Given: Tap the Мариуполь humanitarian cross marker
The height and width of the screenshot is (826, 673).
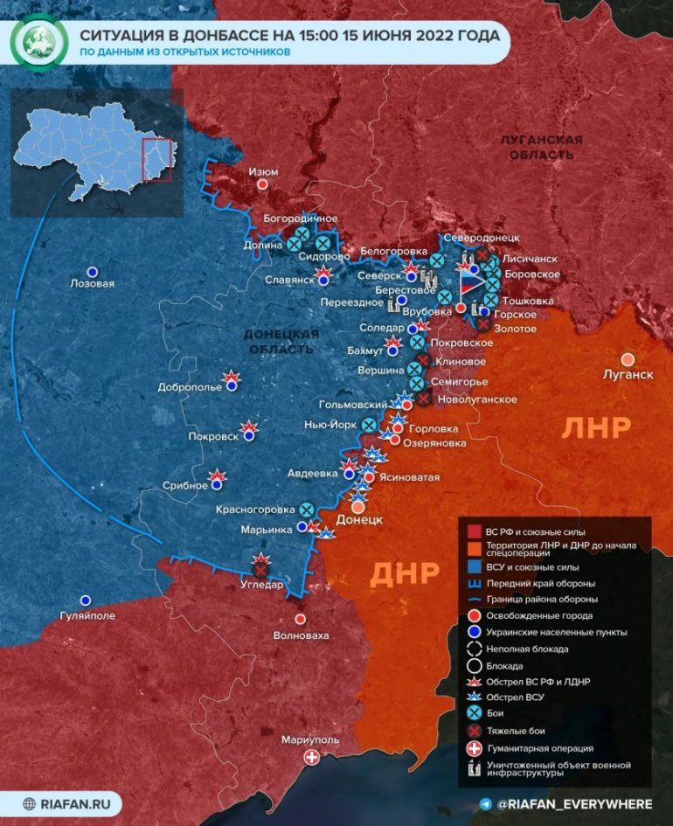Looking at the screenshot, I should [x=311, y=757].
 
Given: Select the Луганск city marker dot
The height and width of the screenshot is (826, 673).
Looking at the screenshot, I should [x=628, y=359].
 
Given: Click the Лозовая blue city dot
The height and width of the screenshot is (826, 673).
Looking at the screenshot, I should [x=92, y=271].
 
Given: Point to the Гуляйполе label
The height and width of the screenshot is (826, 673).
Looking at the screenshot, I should [x=86, y=615].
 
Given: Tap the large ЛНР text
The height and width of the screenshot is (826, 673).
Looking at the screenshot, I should [x=596, y=427].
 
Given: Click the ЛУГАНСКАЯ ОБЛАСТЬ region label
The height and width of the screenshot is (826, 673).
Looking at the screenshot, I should [x=537, y=147].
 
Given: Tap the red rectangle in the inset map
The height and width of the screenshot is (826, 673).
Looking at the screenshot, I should [x=157, y=159].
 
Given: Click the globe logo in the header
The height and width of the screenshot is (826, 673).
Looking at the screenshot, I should [x=38, y=42].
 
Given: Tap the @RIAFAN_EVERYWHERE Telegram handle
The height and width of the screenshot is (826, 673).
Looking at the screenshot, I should [x=573, y=803].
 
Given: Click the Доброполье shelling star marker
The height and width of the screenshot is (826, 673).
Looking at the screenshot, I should [x=232, y=380].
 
